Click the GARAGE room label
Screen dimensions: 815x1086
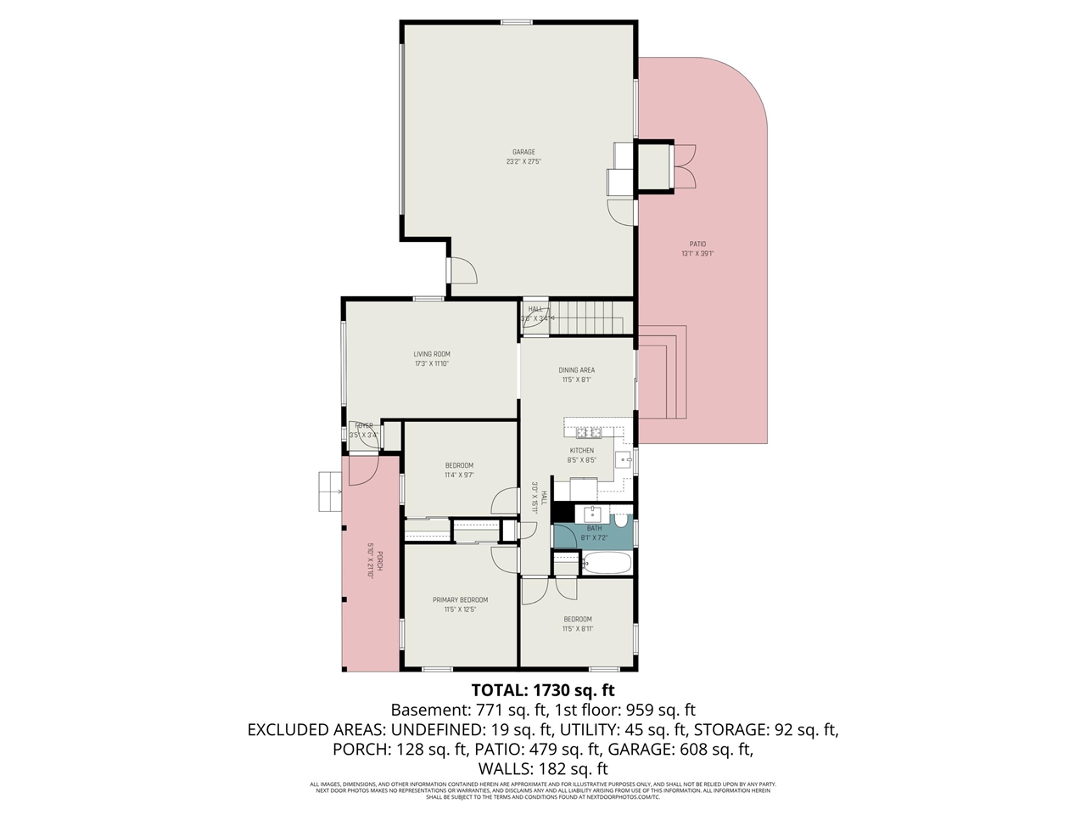pyautogui.click(x=523, y=152)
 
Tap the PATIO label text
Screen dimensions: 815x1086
pyautogui.click(x=697, y=244)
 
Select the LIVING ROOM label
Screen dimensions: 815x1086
pyautogui.click(x=431, y=354)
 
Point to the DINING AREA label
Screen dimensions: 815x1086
pyautogui.click(x=576, y=370)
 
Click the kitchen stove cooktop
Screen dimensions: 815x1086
pyautogui.click(x=590, y=433)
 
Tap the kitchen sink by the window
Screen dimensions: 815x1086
pyautogui.click(x=624, y=461)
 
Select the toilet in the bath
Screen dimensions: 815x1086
pyautogui.click(x=620, y=517)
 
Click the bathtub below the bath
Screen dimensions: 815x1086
pyautogui.click(x=606, y=563)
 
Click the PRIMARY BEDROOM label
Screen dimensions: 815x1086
pyautogui.click(x=460, y=599)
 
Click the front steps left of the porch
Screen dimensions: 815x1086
pyautogui.click(x=328, y=492)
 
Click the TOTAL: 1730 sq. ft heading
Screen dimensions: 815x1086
pyautogui.click(x=542, y=689)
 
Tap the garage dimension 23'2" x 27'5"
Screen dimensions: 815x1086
pyautogui.click(x=523, y=161)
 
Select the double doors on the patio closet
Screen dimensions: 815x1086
pyautogui.click(x=685, y=166)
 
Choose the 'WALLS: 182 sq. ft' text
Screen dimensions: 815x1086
pyautogui.click(x=542, y=768)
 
